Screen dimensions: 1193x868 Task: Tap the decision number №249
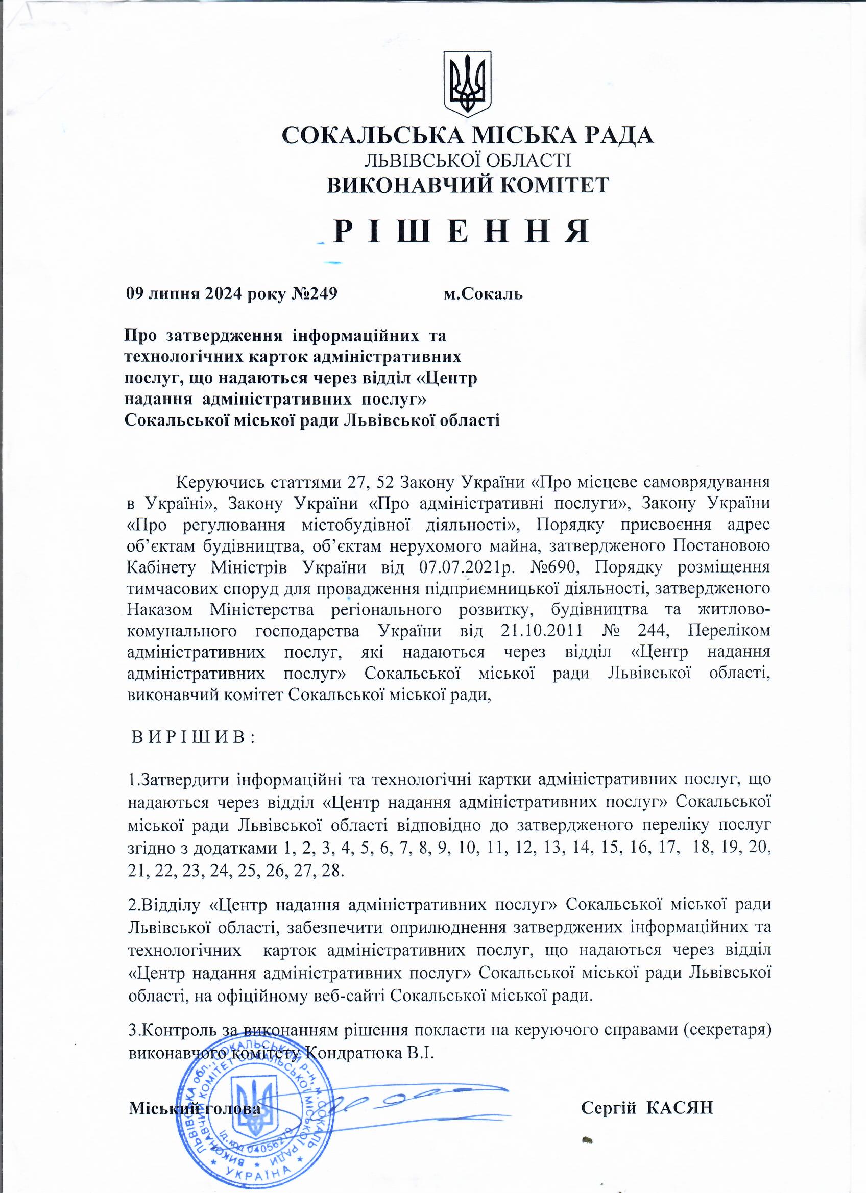click(x=314, y=293)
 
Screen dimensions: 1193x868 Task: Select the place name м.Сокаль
click(x=483, y=293)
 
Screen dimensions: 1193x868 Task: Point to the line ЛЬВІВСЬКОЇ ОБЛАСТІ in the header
click(x=468, y=160)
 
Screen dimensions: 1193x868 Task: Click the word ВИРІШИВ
click(x=192, y=737)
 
